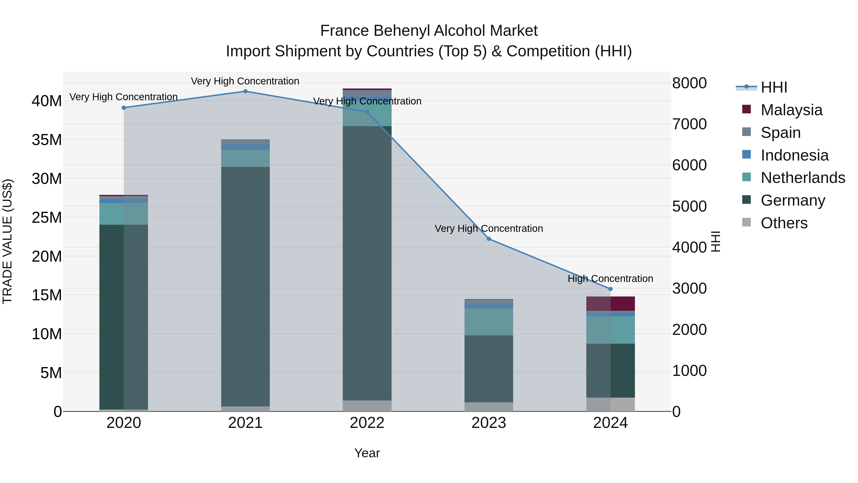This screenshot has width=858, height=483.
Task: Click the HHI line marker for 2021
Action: (245, 91)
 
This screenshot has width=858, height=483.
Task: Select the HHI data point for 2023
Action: (489, 239)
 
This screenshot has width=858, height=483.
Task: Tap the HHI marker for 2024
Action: (610, 289)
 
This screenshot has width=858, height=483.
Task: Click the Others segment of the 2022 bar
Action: (367, 406)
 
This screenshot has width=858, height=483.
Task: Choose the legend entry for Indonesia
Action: (794, 155)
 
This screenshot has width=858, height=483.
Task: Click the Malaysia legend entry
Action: (791, 110)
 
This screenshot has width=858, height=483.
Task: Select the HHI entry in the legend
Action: (774, 87)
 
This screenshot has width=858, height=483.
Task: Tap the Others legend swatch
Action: (746, 222)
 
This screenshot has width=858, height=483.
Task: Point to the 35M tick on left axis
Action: (47, 140)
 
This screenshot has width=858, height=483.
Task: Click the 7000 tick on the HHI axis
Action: (689, 124)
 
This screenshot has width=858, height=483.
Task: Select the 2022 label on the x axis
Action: (367, 423)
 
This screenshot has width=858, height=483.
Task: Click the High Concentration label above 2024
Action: (610, 278)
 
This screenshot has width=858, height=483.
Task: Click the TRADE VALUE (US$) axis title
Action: (7, 241)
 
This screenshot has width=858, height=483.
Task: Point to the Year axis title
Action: (367, 453)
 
